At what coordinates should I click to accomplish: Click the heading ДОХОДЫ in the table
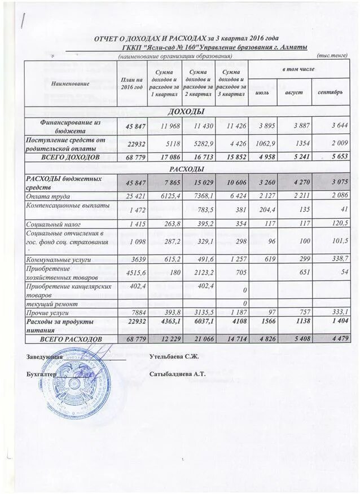pos(186,111)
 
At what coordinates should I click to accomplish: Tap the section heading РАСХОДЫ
pos(186,168)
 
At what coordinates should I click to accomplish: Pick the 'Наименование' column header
pos(70,83)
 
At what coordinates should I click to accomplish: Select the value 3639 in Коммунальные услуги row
pos(130,260)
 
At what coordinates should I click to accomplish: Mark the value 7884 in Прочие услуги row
pos(130,311)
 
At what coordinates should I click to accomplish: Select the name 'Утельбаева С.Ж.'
pos(174,356)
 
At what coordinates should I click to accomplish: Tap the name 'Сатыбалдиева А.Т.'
pos(177,373)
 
